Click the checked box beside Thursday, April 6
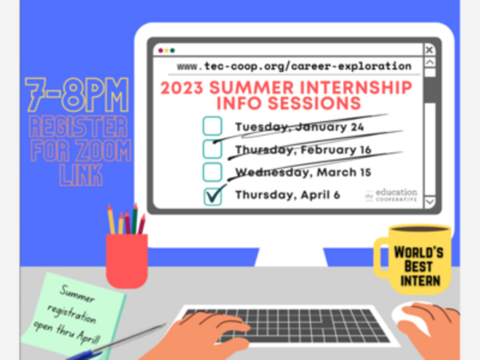[x=212, y=197]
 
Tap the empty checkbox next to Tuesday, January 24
[x=212, y=126]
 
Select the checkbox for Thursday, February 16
[x=212, y=149]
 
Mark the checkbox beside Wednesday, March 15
[x=212, y=172]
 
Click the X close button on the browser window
[x=430, y=50]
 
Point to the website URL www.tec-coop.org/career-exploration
[x=294, y=66]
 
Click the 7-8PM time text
[x=77, y=94]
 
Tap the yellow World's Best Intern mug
[x=413, y=259]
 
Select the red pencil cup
[x=127, y=261]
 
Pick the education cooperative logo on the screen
[x=391, y=195]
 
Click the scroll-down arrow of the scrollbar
[x=430, y=202]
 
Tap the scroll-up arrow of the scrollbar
[x=430, y=63]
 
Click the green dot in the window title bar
[x=172, y=50]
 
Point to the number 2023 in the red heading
[x=182, y=88]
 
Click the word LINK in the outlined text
[x=81, y=175]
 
